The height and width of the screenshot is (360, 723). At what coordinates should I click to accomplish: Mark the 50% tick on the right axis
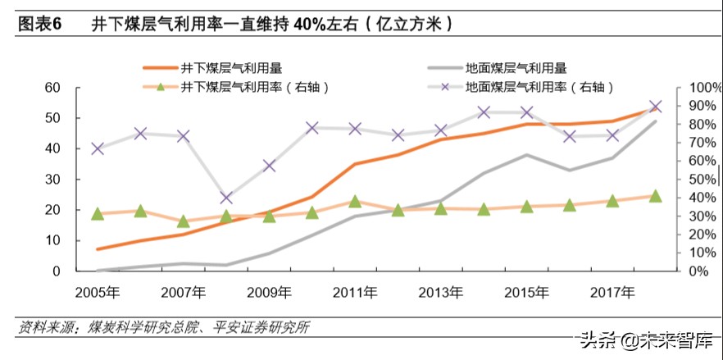698,180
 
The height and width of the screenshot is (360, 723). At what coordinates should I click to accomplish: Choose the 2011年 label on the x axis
355,291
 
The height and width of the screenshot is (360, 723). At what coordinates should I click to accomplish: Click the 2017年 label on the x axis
612,291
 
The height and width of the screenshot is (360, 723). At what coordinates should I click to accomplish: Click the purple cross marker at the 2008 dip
226,198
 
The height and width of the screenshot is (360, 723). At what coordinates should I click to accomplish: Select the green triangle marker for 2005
98,214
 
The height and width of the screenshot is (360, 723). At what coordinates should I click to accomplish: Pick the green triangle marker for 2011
355,201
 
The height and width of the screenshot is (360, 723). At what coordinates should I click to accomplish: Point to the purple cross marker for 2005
98,148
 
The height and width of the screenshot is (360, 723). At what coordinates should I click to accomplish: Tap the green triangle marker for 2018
655,196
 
